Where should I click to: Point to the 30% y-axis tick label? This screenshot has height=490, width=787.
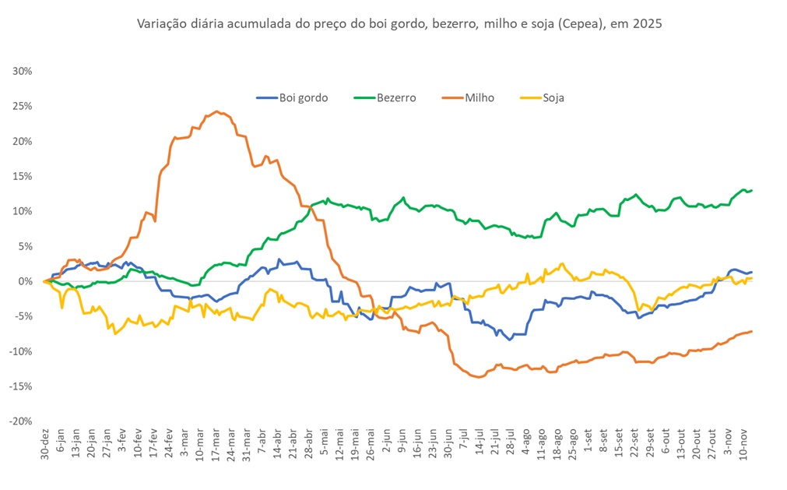22,71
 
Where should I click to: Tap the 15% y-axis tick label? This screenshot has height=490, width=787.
22,176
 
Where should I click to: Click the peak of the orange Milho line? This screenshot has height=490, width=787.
216,111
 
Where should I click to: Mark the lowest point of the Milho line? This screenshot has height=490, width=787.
478,377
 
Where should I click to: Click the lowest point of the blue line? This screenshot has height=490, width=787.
510,340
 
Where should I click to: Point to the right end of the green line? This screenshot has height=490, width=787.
751,190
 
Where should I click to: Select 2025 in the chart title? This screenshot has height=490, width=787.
647,24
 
